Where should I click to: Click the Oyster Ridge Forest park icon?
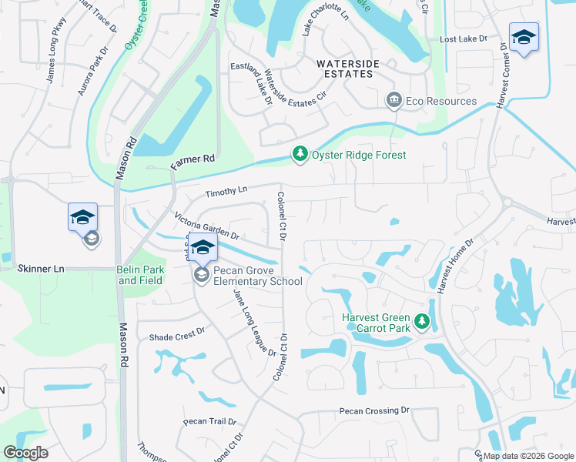tap(300, 155)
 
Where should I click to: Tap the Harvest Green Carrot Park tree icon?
tap(421, 321)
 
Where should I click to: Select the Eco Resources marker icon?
tap(393, 101)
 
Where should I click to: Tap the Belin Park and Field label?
tap(140, 275)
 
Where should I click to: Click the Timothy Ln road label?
tap(226, 189)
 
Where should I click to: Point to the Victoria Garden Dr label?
tap(207, 226)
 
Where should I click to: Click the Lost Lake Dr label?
tap(464, 38)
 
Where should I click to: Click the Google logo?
tap(25, 453)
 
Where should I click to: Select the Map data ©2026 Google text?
tap(528, 456)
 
